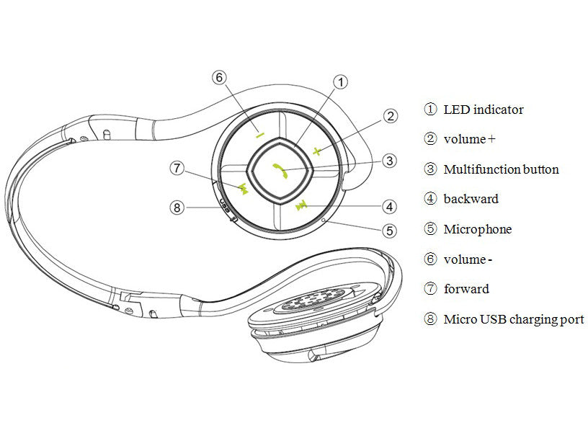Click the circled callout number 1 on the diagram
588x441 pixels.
(341, 81)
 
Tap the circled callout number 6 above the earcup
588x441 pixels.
(219, 78)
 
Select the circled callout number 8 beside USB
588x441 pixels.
(177, 207)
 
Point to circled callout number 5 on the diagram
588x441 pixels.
(390, 231)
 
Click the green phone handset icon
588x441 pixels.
(280, 171)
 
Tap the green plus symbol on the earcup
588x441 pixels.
(317, 151)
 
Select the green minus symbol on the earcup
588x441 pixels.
(260, 134)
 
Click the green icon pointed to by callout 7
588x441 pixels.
(243, 188)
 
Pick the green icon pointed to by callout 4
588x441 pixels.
(301, 206)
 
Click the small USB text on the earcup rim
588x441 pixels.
(224, 205)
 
